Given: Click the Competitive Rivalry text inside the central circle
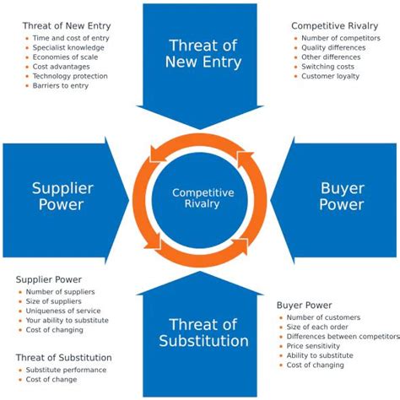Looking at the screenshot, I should (203, 198).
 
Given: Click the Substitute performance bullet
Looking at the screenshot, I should (66, 370).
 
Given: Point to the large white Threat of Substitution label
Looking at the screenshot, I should (203, 332).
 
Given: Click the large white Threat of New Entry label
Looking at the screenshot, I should (205, 53).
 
